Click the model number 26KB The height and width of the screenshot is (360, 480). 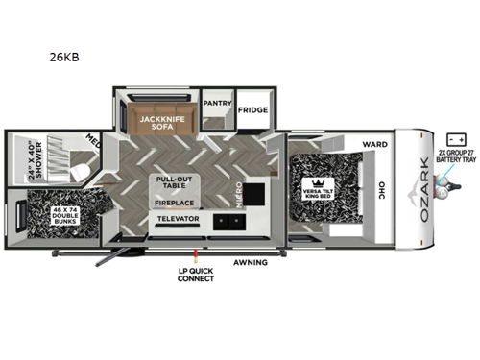(65, 57)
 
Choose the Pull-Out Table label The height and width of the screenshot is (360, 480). (174, 183)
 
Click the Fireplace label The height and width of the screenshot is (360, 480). (174, 203)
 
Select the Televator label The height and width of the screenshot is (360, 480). (178, 220)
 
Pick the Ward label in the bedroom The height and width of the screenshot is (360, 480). (374, 145)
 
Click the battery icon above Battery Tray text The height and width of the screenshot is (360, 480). (451, 139)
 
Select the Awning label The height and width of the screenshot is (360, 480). (251, 261)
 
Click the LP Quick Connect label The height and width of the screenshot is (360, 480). (196, 276)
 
